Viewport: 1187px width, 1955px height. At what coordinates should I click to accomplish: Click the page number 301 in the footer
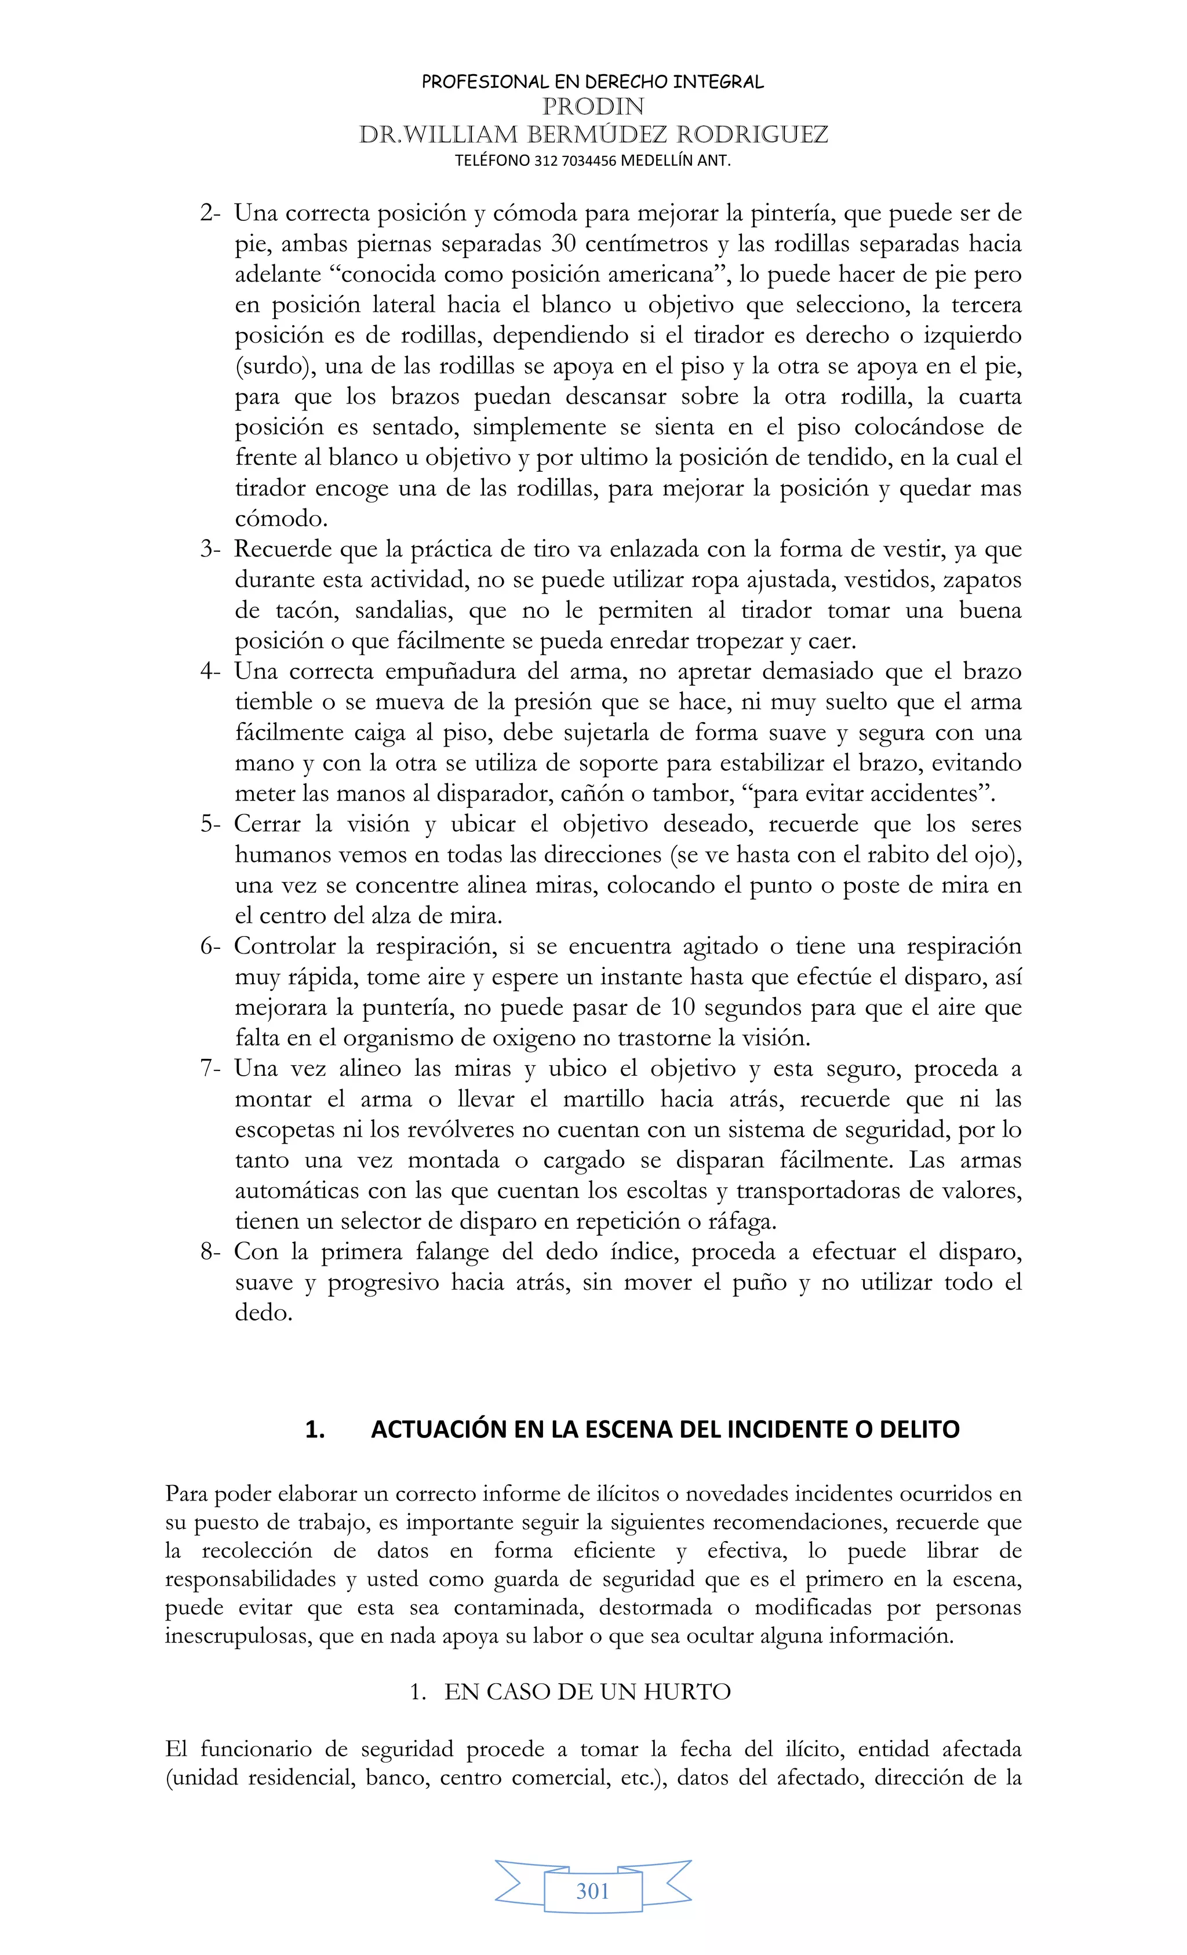593,1891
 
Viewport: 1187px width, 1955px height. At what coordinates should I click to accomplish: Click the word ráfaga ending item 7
740,1222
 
